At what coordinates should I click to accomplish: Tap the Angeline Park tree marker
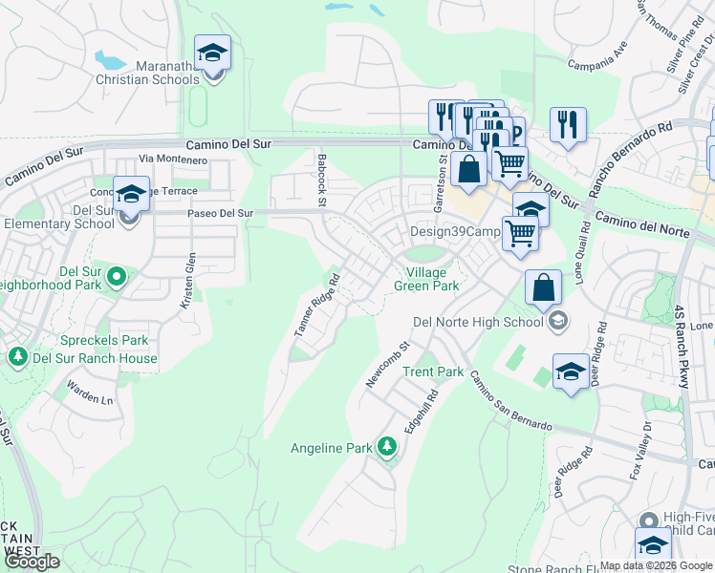387,446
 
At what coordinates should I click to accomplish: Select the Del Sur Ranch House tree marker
17,357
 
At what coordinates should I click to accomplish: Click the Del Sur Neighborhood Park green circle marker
117,278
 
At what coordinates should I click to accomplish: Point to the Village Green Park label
426,279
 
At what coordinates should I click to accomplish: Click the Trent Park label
433,371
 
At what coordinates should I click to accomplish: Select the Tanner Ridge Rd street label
317,306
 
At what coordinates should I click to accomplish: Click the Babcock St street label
322,180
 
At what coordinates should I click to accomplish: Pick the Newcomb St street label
387,366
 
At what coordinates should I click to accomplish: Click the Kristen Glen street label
187,280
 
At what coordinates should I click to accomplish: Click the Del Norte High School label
477,322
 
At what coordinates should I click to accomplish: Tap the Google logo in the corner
32,562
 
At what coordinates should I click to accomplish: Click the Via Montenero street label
172,159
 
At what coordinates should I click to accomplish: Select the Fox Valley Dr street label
639,450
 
